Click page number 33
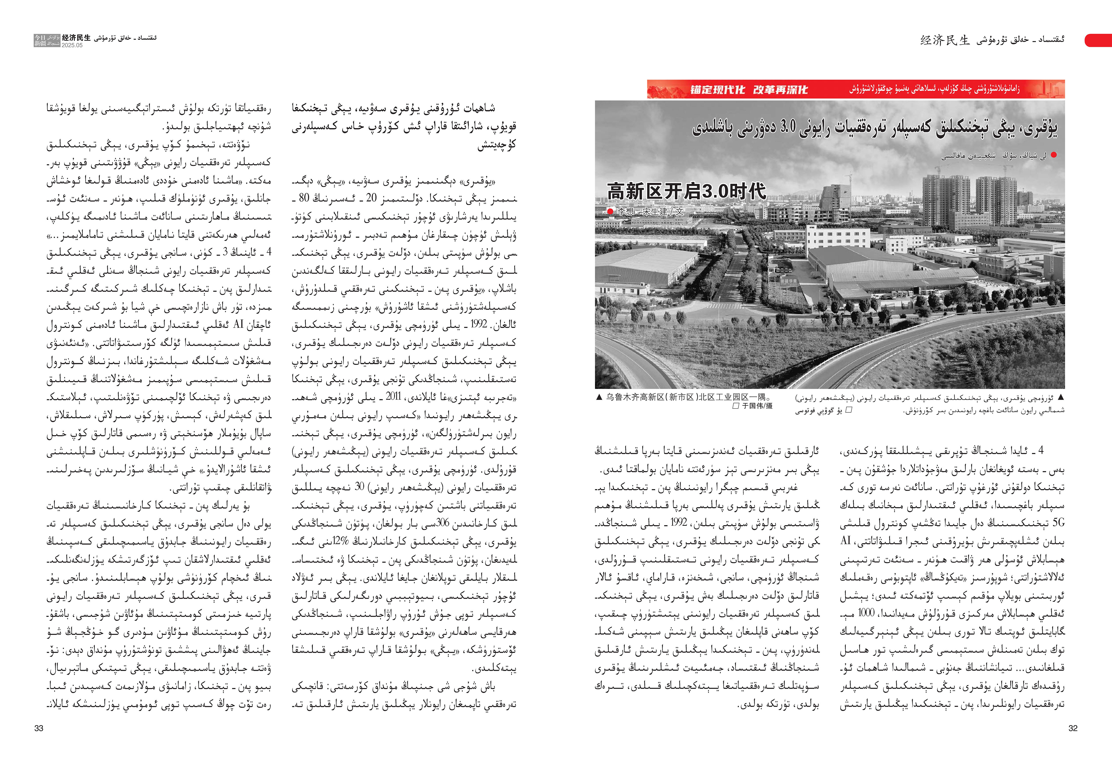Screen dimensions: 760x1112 pos(39,728)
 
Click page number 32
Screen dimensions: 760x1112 pos(1073,728)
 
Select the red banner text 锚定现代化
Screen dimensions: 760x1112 pos(717,89)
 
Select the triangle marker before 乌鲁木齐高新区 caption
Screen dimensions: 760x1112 pos(599,397)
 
